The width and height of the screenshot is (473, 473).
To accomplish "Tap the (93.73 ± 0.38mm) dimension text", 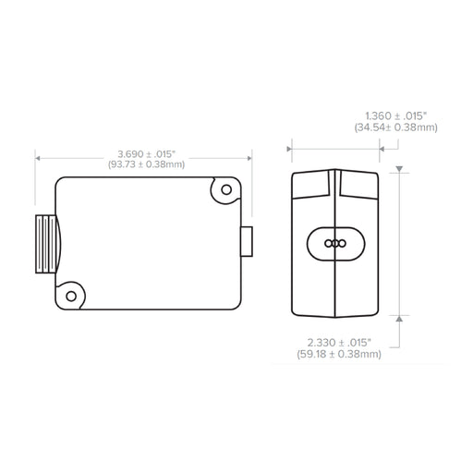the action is pyautogui.click(x=147, y=164).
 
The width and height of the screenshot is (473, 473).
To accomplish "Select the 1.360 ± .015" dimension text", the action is pyautogui.click(x=396, y=116).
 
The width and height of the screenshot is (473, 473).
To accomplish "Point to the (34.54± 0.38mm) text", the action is pyautogui.click(x=396, y=127).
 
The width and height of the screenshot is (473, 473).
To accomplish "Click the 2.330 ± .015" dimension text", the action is pyautogui.click(x=339, y=343).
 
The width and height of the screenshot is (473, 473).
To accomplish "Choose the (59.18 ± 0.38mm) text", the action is pyautogui.click(x=339, y=354).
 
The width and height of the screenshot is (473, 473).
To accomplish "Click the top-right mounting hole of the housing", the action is pyautogui.click(x=226, y=189).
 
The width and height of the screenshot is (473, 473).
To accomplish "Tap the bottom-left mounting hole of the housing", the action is pyautogui.click(x=71, y=297).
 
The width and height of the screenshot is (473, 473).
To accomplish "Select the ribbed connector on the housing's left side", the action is pyautogui.click(x=48, y=244).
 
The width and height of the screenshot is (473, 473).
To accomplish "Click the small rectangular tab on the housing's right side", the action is pyautogui.click(x=247, y=241).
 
